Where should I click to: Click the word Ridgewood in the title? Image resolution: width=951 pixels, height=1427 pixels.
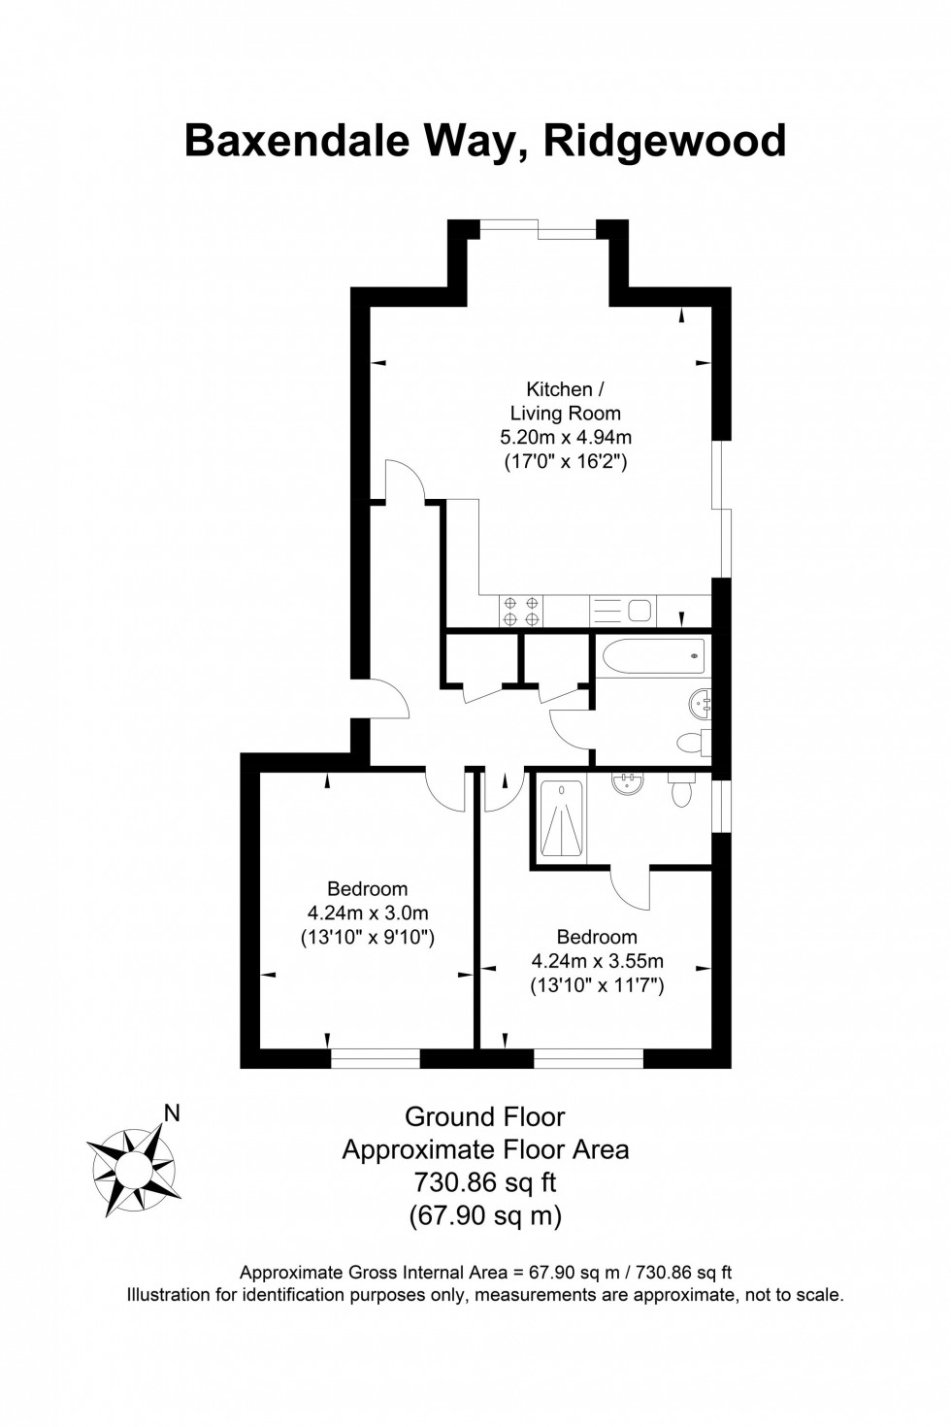665,141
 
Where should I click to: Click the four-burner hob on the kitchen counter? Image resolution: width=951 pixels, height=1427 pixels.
520,611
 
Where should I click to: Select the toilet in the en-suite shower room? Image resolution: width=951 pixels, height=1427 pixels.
681,790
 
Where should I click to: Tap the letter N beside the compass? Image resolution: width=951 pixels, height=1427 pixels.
173,1113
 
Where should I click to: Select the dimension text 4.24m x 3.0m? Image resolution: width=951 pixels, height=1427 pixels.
368,913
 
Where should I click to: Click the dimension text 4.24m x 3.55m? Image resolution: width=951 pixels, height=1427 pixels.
597,962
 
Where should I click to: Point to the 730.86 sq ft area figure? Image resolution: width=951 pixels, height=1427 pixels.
485,1182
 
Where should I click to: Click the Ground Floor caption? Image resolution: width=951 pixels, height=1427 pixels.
485,1117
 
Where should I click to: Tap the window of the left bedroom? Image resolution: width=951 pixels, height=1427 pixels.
376,1058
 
